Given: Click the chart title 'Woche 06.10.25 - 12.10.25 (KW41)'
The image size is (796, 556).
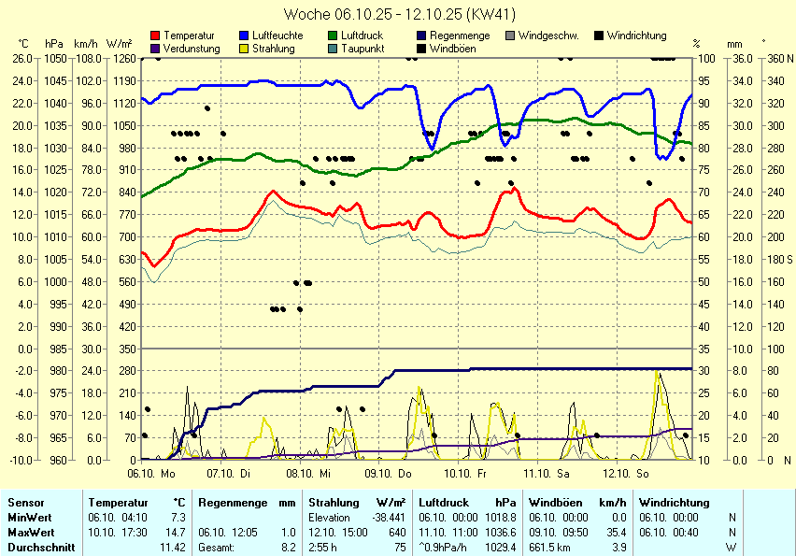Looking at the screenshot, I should click(398, 14).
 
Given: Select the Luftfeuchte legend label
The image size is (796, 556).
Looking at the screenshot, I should click(277, 36).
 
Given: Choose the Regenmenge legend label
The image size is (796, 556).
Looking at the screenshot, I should click(460, 36).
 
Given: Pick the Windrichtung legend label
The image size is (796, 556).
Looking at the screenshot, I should click(636, 36).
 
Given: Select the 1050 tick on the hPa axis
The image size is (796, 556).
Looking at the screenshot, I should click(54, 58).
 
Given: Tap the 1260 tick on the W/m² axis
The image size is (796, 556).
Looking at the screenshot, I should click(119, 58).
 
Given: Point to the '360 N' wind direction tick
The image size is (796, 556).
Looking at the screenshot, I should click(776, 58).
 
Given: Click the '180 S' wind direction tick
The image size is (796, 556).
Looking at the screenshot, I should click(776, 259).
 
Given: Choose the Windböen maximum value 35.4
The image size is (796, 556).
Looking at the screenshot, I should click(613, 532).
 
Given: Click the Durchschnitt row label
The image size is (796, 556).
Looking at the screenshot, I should click(41, 547).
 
